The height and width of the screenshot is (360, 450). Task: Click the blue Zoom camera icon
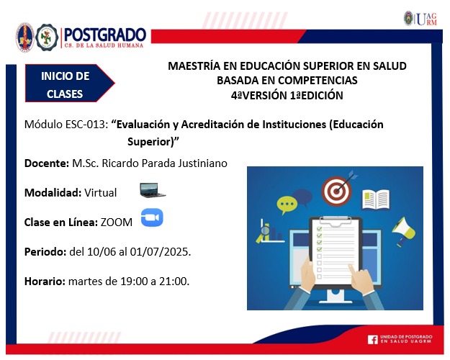[x=152, y=217]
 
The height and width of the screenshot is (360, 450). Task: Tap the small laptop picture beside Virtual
[x=153, y=190]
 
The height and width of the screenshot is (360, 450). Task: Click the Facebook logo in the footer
[x=372, y=340]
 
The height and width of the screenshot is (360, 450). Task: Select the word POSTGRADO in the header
[x=104, y=35]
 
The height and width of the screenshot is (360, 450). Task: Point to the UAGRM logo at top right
[x=420, y=19]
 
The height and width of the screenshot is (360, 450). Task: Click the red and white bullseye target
[x=336, y=191]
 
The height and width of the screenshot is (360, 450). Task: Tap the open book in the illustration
[x=376, y=199]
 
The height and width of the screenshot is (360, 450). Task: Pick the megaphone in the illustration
[x=403, y=231]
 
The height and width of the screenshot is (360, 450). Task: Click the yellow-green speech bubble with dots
[x=287, y=204]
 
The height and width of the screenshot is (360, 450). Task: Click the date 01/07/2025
[x=161, y=252]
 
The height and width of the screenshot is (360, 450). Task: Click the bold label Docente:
[x=47, y=163]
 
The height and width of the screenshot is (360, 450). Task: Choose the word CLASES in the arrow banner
[x=65, y=94]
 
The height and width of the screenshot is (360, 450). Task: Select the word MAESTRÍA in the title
[x=194, y=66]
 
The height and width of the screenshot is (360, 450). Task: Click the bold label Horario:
[x=45, y=282]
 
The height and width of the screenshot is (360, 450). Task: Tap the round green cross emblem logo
[x=47, y=37]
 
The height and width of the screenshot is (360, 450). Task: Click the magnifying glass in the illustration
[x=265, y=231]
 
